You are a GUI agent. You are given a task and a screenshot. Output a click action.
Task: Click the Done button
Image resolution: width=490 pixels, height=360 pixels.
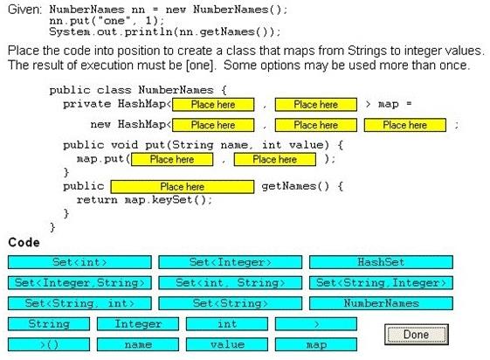point(417,335)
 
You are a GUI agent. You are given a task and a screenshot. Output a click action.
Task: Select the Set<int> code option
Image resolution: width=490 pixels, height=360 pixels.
point(79,262)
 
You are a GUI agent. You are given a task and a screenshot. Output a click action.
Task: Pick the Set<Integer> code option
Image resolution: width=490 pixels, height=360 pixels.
point(231,262)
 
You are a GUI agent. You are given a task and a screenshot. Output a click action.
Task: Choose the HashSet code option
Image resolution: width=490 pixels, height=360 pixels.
point(381,262)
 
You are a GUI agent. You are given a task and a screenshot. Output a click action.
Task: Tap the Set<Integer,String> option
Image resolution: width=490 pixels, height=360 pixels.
point(79,283)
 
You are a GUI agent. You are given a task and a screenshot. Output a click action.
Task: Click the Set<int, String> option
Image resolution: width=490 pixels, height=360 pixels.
point(231,283)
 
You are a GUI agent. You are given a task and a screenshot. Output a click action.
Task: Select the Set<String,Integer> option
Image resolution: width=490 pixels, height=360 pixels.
point(381,283)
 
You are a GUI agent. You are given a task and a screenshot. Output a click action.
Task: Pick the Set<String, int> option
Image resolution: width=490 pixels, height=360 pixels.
point(79,303)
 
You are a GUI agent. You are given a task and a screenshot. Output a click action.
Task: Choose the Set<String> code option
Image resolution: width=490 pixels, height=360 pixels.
point(231,303)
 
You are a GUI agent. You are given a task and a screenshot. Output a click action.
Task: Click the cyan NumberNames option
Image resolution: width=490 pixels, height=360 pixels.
point(381,303)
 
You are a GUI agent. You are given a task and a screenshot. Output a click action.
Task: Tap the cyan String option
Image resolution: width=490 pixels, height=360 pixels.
point(49,324)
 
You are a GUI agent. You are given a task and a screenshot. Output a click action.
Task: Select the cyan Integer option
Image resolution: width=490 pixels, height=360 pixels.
point(138,324)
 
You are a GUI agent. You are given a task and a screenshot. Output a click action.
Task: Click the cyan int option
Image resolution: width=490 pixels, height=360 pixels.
point(227,324)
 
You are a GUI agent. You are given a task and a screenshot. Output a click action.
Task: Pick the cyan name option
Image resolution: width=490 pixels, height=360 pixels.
point(138,344)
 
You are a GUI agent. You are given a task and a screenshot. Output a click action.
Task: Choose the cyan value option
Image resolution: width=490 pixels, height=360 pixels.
point(227,344)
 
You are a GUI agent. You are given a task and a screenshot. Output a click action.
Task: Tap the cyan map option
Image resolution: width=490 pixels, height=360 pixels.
point(316,344)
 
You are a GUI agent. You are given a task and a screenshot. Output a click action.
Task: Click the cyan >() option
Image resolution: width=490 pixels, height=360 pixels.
point(49,344)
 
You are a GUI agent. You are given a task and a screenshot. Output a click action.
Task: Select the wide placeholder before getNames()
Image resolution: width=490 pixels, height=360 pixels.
point(183,187)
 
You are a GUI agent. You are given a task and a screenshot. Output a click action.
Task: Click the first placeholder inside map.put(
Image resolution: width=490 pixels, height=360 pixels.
point(172,159)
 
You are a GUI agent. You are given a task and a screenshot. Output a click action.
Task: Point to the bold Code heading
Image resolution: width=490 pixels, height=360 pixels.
point(24,243)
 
